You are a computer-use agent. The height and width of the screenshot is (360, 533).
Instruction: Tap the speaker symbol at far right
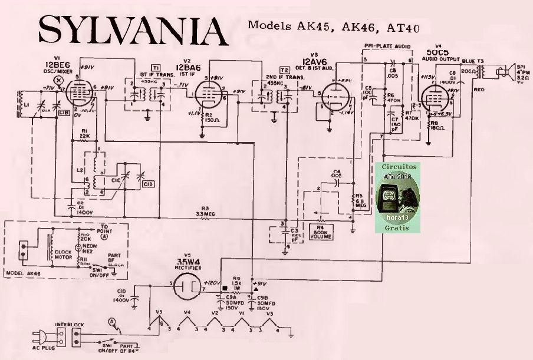point(506,72)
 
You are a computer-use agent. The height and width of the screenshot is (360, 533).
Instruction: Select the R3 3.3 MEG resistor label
point(205,211)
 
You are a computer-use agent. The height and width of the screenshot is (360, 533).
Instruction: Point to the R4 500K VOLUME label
point(321,232)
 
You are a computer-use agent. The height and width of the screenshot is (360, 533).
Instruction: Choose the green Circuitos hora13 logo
point(400,197)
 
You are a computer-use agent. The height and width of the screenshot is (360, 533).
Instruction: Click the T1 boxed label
point(156,68)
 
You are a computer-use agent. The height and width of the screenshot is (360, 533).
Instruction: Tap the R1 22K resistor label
point(85,133)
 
